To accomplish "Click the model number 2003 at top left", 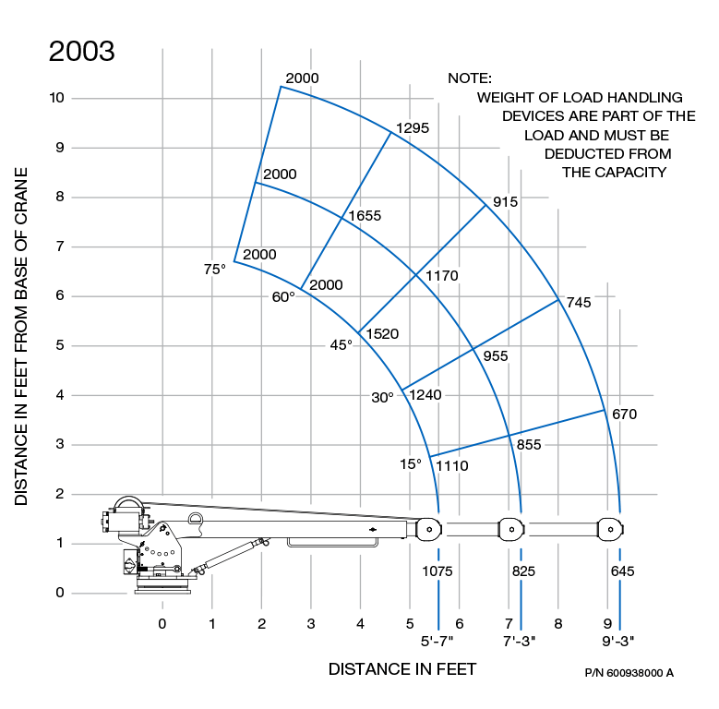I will point(81,51).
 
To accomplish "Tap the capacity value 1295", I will point(412,128).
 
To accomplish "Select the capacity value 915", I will point(505,202).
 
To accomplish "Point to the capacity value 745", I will point(579,302).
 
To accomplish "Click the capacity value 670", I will point(625,414).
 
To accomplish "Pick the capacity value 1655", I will point(365,215).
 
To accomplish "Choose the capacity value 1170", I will point(441,275).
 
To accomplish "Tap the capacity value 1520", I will point(382,333).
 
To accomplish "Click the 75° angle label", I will point(214,270).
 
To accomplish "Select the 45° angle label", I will point(342,344).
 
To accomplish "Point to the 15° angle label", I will point(411,463).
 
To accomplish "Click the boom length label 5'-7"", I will point(437,640).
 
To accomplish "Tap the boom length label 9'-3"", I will point(618,640).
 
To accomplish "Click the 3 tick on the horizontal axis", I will point(311,624).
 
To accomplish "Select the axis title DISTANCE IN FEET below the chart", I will point(402,668).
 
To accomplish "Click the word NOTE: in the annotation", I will point(470,79).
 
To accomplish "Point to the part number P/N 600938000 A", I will point(629,672).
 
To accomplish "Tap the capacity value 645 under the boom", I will point(623,571).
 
